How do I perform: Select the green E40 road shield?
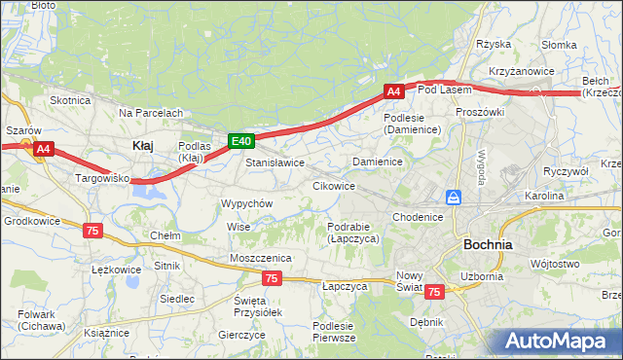pos(241,141)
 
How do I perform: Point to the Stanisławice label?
pos(275,162)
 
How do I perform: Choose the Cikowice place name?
pos(333,185)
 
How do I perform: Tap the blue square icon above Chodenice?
pos(453,198)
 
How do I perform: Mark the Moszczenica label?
pos(261,257)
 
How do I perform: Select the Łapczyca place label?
pos(345,287)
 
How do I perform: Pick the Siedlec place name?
pos(177,299)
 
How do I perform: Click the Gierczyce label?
pos(242,334)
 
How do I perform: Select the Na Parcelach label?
pos(151,113)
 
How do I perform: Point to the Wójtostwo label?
pos(556,264)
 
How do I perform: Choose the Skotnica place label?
pos(70,100)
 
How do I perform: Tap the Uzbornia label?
pos(482,276)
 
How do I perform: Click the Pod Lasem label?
pos(444,90)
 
